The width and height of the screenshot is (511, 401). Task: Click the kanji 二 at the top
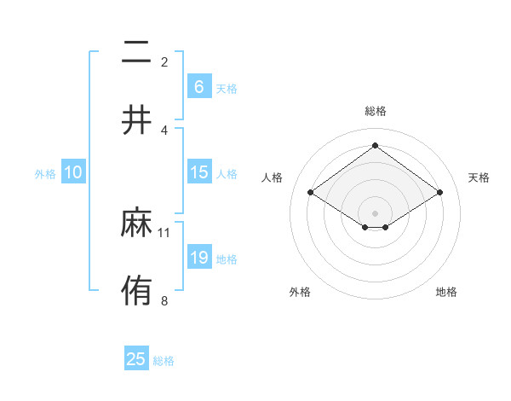coord(136,54)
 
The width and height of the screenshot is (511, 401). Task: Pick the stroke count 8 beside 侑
coord(164,299)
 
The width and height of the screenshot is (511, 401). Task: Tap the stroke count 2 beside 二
coord(164,62)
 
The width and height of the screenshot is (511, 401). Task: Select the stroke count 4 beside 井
coord(164,130)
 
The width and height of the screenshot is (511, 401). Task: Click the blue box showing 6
coord(198,86)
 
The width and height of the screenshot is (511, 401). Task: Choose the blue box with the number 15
coord(198,172)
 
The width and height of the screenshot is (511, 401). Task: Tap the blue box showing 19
coord(198,257)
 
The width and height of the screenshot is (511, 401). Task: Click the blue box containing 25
coord(136,359)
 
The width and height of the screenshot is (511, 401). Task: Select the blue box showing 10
coord(73,172)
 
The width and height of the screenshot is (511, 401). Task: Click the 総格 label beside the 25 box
coord(164,361)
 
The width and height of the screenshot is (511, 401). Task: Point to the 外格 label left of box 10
coord(45,173)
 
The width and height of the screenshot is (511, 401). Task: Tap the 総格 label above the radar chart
coord(375,111)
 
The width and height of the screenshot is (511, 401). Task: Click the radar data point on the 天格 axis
coord(439,193)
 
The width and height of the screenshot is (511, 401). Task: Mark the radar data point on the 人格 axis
coord(311,193)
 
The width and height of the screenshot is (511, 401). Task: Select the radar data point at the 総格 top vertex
coord(375,145)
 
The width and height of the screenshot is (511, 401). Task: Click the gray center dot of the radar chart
coord(375,212)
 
